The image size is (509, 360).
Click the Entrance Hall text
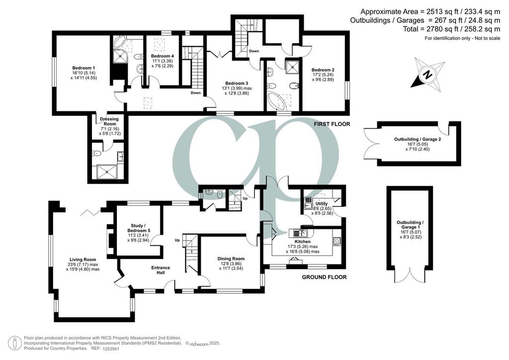pyautogui.click(x=161, y=270)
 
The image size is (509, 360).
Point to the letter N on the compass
pyautogui.click(x=427, y=75)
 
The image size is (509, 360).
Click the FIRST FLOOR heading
pyautogui.click(x=332, y=124)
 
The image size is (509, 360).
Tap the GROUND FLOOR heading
pyautogui.click(x=324, y=277)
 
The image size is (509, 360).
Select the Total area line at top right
pyautogui.click(x=451, y=29)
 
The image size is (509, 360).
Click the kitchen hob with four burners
pyautogui.click(x=337, y=241)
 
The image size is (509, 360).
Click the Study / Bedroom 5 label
pyautogui.click(x=139, y=231)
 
